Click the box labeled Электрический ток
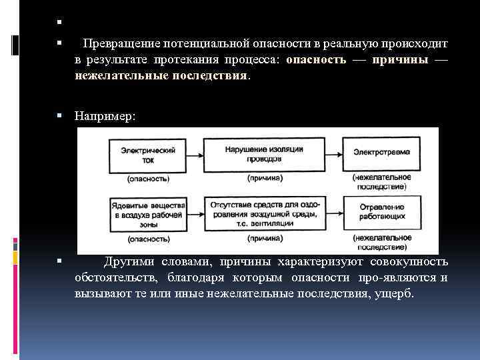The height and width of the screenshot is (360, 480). pyautogui.click(x=148, y=155)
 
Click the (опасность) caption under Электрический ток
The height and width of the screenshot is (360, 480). pyautogui.click(x=148, y=178)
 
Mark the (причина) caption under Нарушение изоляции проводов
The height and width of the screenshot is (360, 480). pyautogui.click(x=264, y=178)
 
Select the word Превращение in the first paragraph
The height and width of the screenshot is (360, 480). pyautogui.click(x=119, y=44)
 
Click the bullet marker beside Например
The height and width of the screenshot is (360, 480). pyautogui.click(x=59, y=116)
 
